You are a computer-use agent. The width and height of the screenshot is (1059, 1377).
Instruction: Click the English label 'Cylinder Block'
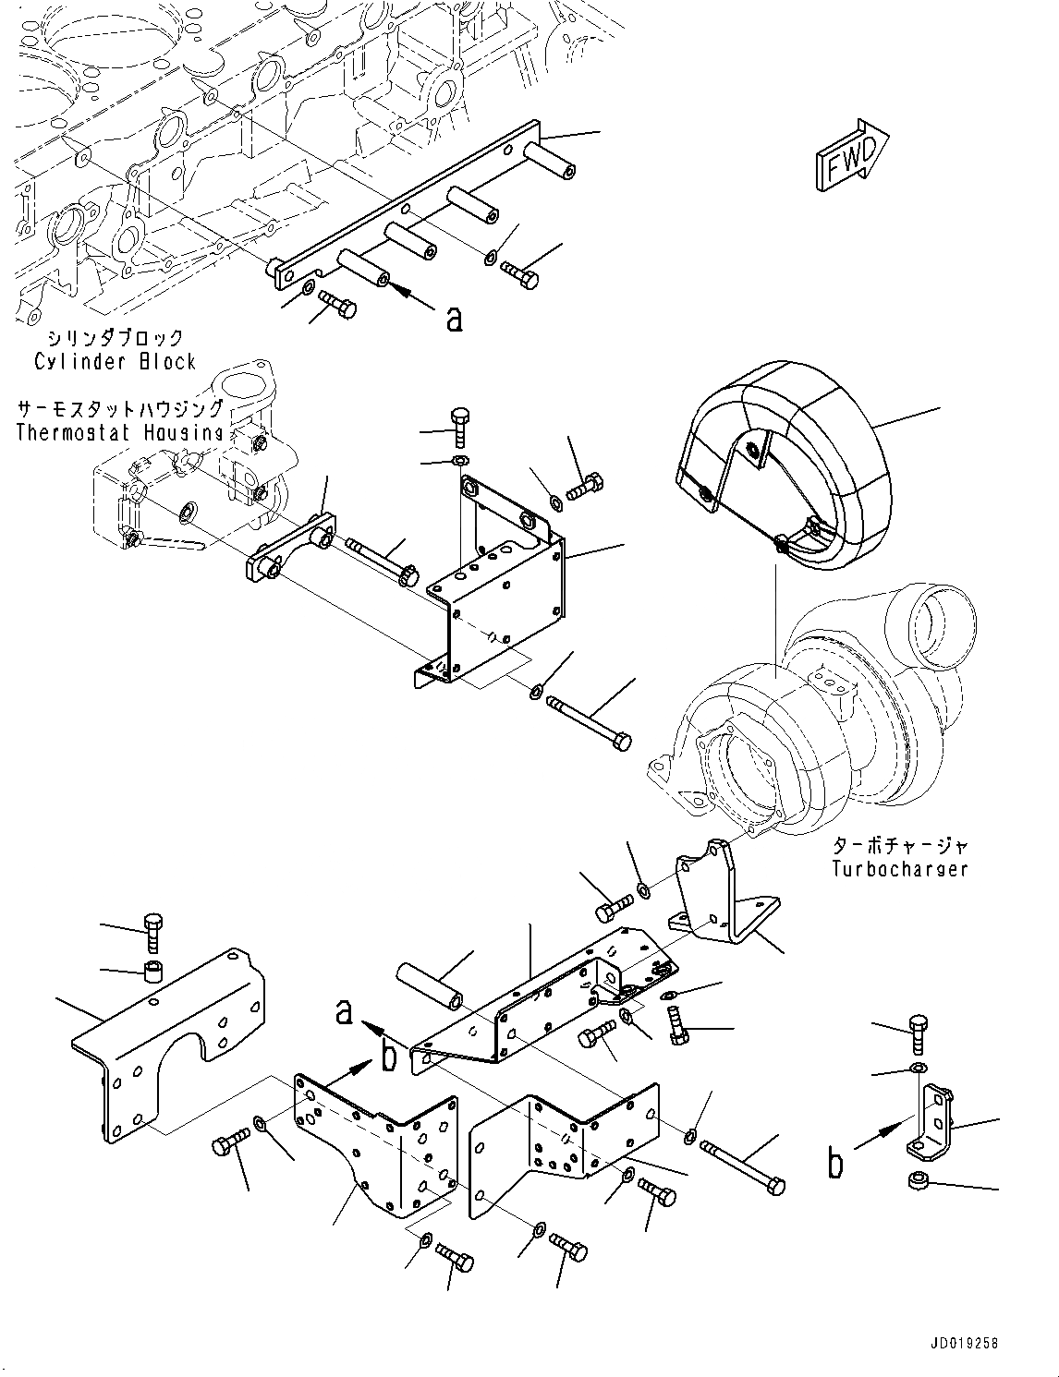115,361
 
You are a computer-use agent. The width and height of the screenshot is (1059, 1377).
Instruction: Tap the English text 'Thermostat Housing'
120,432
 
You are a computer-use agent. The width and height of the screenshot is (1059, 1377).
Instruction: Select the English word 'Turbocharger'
899,868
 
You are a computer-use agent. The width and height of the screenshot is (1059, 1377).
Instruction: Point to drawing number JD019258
958,1344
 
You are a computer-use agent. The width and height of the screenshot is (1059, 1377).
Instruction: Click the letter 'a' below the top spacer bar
453,319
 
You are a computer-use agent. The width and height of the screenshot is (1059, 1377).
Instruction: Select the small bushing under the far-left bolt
153,972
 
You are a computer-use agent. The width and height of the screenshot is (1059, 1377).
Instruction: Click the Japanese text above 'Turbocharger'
899,845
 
